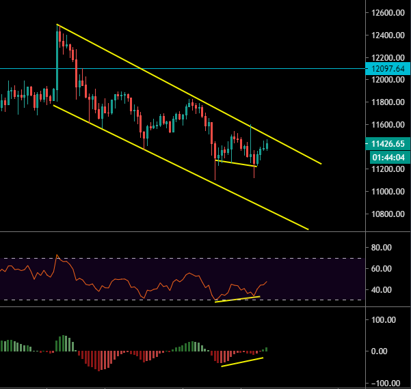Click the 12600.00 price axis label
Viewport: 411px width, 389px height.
coord(386,13)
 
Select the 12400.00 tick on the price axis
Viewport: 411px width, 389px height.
coord(386,35)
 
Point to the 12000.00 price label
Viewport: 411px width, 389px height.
coord(386,80)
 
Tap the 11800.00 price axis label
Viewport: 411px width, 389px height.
coord(386,102)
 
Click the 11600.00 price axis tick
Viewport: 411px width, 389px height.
coord(386,125)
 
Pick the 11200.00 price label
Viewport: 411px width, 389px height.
coord(386,169)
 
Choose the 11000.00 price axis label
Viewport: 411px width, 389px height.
coord(386,192)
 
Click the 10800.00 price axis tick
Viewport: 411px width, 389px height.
coord(386,214)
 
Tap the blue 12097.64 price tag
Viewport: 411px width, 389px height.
coord(386,68)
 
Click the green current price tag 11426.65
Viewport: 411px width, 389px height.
coord(386,145)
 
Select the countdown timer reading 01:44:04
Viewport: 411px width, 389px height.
coord(386,157)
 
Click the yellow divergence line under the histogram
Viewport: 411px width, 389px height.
coord(241,362)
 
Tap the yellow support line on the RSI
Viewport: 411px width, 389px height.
coord(237,299)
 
